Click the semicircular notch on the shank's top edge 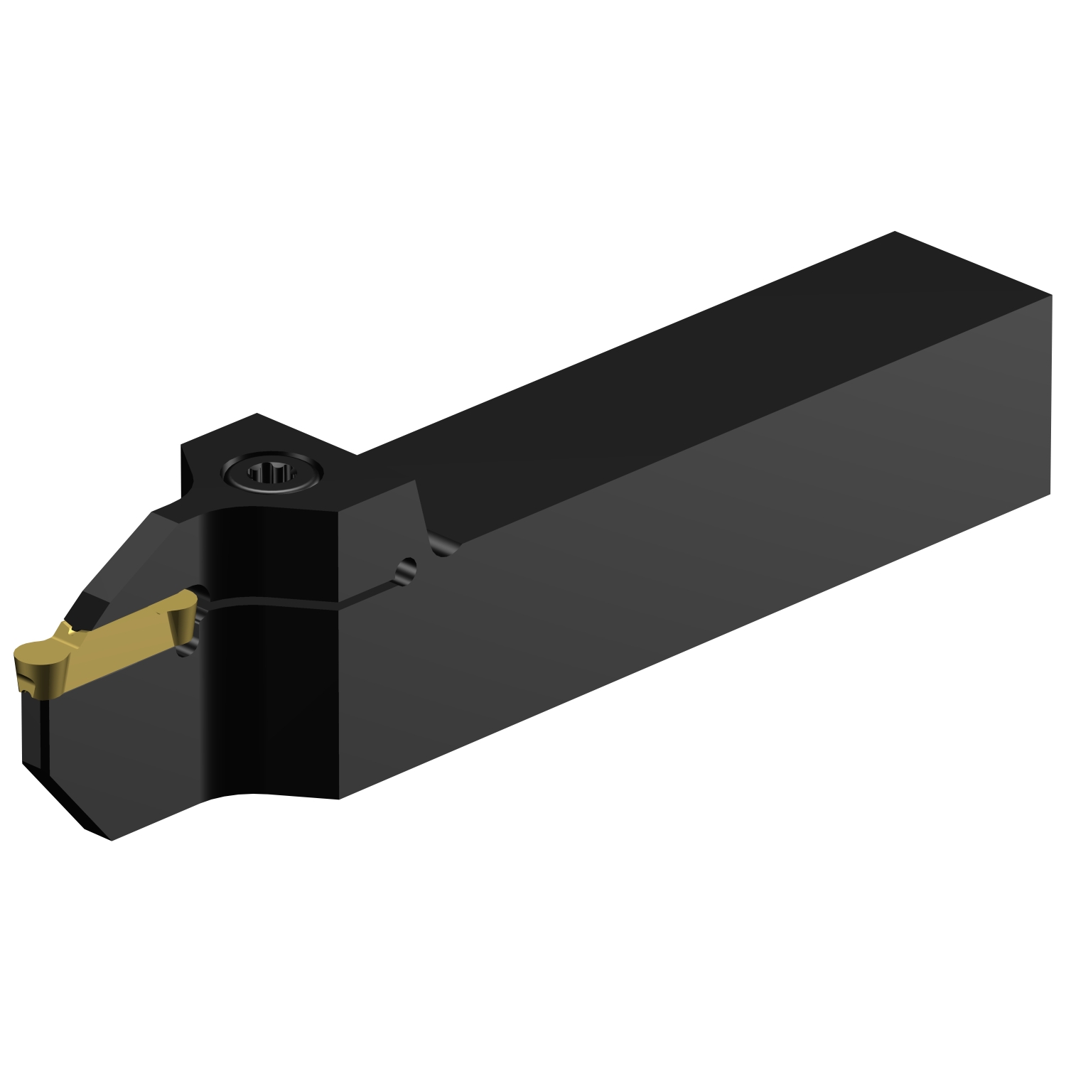point(446,548)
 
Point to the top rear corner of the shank point(894,232)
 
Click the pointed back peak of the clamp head point(257,414)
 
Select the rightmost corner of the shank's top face point(1050,293)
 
